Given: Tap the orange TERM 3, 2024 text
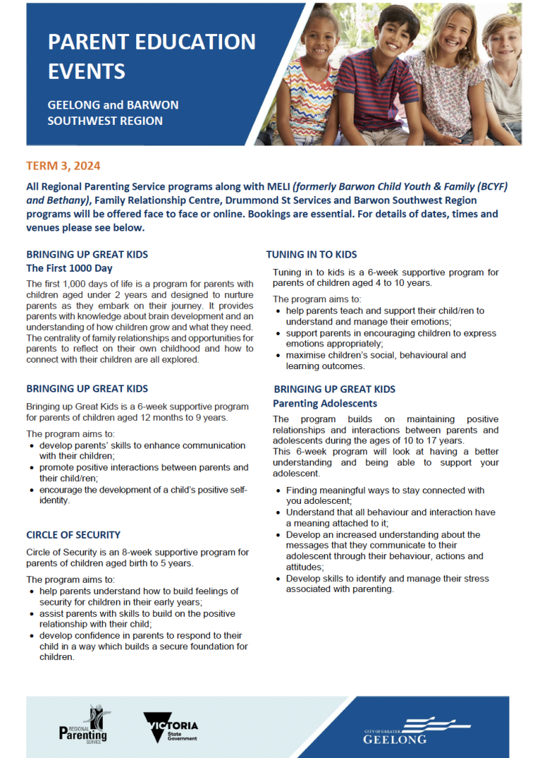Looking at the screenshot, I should click(63, 166).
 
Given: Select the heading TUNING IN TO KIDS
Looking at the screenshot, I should click(311, 254).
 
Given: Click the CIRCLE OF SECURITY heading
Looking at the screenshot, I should click(73, 534).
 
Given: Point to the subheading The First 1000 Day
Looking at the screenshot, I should click(69, 268).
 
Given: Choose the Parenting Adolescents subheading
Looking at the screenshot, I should click(325, 403).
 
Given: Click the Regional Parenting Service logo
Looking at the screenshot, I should click(84, 725).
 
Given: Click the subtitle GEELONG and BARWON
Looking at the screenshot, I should click(113, 105).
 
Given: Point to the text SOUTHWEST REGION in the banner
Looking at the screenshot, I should click(104, 121).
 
